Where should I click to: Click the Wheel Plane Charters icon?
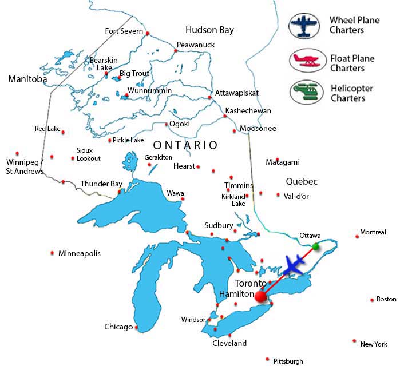point(307,26)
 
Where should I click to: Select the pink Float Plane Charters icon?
point(307,62)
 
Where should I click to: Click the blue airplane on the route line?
point(294,265)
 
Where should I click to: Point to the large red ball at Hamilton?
point(261,296)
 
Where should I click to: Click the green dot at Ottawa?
point(315,246)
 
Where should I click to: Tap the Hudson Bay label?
point(209,30)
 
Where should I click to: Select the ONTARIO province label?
point(185,145)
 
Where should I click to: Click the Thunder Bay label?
point(101,184)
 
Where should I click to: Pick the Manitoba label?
point(27,79)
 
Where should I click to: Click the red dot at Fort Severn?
point(148,34)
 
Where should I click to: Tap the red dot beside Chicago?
point(137,327)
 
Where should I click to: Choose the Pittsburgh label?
point(288,361)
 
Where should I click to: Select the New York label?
point(374,344)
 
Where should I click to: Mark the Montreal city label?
point(373,232)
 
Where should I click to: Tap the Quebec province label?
point(302,181)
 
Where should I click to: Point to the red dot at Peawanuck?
point(176,51)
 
